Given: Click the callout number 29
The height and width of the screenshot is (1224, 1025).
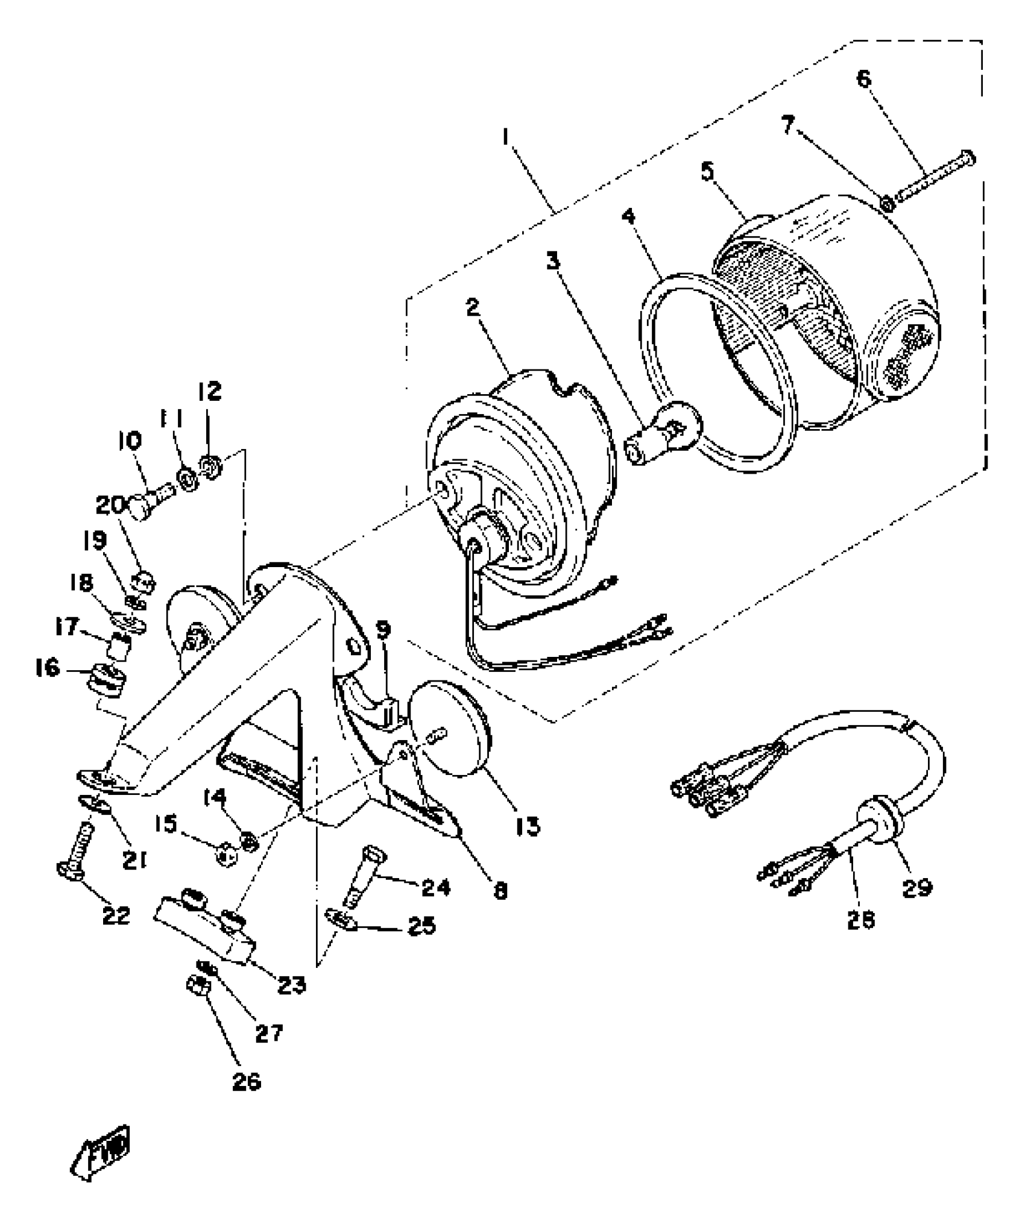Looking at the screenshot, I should pyautogui.click(x=917, y=887).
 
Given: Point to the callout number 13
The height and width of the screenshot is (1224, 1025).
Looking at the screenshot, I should pyautogui.click(x=528, y=826).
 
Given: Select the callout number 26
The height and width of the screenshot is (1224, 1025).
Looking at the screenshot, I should pyautogui.click(x=247, y=1081).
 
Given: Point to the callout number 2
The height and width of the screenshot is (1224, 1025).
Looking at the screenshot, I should pyautogui.click(x=473, y=307).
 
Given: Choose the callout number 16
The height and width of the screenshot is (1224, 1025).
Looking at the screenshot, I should pyautogui.click(x=48, y=667).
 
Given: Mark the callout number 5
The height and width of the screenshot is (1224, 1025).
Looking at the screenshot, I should pyautogui.click(x=707, y=172).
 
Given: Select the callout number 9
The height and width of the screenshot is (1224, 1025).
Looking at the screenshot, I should pyautogui.click(x=383, y=630).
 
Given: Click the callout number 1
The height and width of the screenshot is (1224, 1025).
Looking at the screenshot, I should pyautogui.click(x=506, y=138).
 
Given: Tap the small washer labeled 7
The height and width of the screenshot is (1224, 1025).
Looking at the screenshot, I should pyautogui.click(x=888, y=204).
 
